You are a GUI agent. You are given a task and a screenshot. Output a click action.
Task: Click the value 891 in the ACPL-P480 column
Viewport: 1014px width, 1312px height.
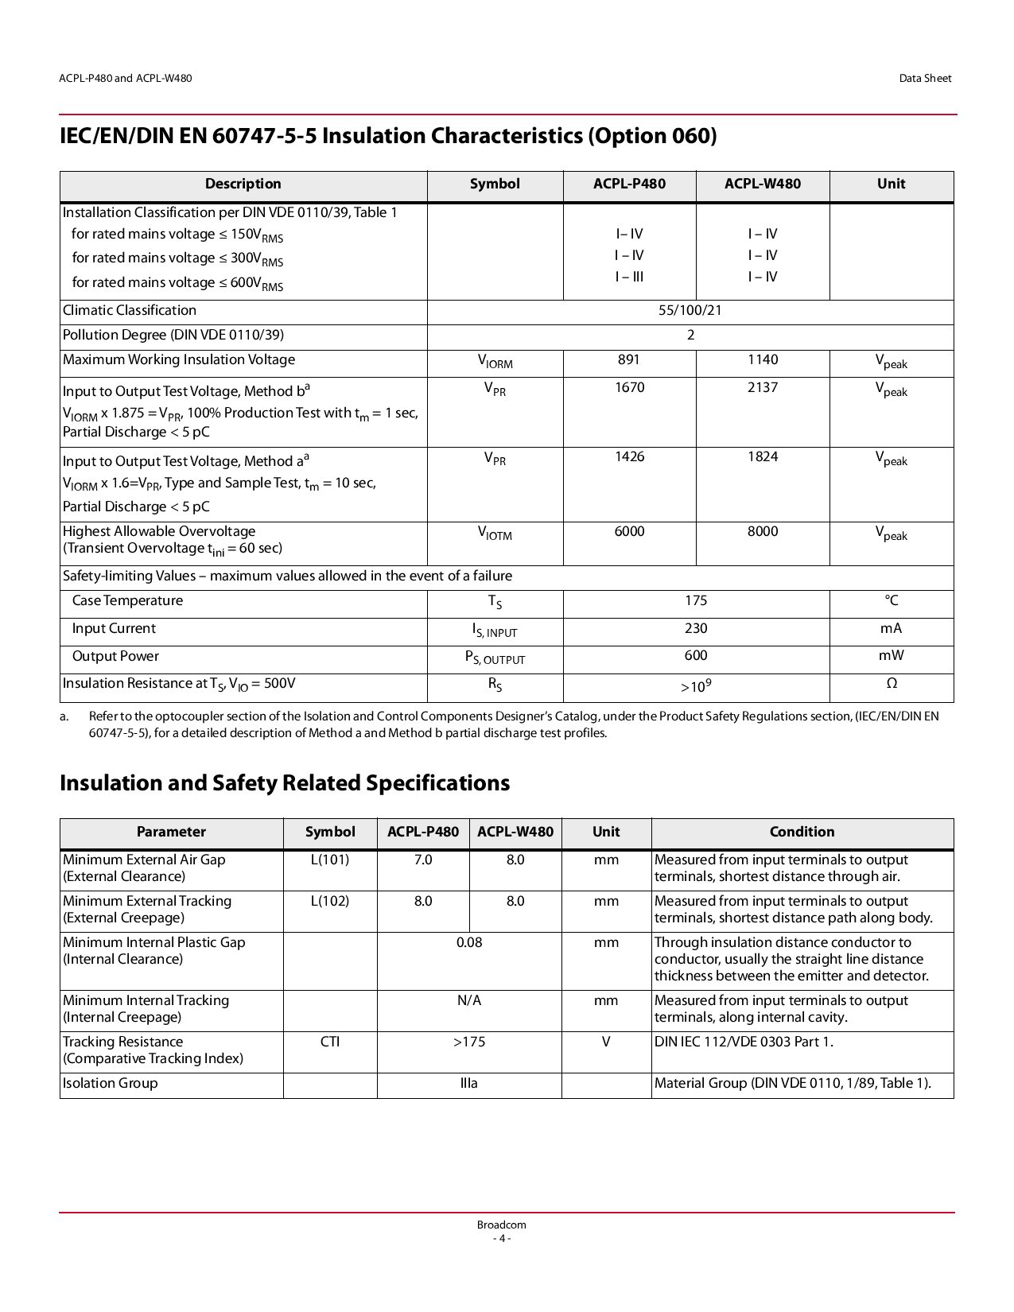(628, 360)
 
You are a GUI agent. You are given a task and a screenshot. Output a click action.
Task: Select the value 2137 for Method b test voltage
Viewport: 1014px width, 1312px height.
(762, 388)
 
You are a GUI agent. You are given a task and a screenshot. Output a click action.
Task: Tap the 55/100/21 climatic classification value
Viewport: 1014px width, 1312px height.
(690, 311)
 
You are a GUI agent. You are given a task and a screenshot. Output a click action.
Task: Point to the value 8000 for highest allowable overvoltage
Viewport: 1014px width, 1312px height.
(762, 532)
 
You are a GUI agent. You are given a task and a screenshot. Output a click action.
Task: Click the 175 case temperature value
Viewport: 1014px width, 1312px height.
(696, 601)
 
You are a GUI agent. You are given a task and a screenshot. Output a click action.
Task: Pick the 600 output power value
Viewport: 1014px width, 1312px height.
(696, 656)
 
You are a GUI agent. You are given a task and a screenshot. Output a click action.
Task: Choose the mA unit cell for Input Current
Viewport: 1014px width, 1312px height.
(891, 629)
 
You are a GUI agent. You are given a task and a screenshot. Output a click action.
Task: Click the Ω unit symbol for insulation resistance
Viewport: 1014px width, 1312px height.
(892, 684)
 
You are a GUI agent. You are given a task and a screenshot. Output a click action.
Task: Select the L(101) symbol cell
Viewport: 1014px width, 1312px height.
(330, 860)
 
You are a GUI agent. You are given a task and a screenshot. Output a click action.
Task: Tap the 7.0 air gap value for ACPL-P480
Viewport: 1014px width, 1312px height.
(423, 860)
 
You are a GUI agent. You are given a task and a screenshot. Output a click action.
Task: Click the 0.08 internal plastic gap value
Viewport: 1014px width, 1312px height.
(469, 943)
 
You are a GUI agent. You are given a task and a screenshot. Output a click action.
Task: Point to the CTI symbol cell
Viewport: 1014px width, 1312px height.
(330, 1042)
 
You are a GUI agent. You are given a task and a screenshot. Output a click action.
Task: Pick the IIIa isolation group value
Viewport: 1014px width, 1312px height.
(469, 1084)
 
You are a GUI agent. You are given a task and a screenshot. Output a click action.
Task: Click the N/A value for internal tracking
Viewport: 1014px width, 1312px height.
(469, 1001)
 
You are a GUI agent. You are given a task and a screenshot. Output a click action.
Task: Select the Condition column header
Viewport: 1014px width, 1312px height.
(802, 833)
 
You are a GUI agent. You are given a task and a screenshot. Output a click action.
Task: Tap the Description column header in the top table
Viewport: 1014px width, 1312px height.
(243, 184)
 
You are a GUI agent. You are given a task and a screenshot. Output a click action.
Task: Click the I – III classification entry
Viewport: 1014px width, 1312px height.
(629, 278)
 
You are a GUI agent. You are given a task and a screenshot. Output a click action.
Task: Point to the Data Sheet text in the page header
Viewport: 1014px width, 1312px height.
(925, 79)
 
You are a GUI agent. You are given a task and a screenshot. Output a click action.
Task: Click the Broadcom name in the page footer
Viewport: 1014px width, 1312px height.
(502, 1225)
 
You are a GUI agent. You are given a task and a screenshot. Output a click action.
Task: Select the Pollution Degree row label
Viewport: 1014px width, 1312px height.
(173, 336)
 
